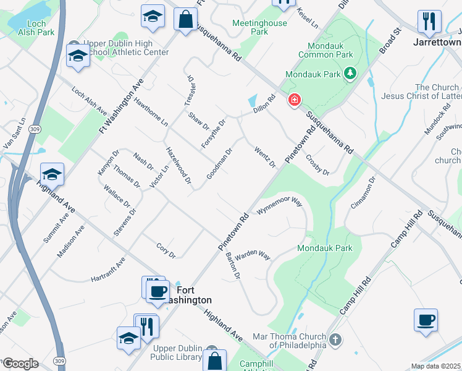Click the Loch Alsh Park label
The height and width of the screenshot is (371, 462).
28,28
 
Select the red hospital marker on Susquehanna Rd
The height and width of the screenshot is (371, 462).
295,100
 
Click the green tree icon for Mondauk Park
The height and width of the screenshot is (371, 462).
351,74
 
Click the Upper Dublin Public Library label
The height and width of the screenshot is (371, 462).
178,352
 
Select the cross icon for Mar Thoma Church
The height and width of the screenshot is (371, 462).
335,340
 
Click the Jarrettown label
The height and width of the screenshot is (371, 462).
437,43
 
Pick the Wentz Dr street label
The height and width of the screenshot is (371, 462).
265,155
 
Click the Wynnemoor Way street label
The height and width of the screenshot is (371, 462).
279,206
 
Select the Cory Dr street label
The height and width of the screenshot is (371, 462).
166,250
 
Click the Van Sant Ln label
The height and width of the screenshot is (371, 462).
15,133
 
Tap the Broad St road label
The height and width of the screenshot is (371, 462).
390,40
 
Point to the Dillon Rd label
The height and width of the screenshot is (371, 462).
264,103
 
